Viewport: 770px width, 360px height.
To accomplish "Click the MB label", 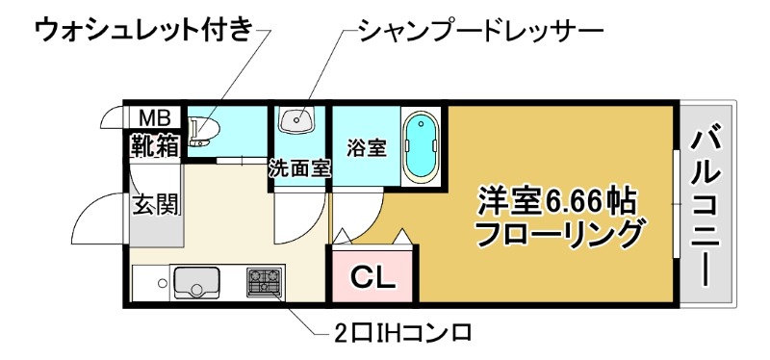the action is pos(155,117).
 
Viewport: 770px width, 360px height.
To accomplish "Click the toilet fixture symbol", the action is pos(204,129).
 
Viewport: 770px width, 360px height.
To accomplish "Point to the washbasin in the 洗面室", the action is pos(296,121).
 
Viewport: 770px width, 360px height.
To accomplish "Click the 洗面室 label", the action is pos(299,167).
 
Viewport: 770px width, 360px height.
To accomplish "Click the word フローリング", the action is pos(559,233).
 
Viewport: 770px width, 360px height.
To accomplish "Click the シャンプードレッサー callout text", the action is pos(479,30).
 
